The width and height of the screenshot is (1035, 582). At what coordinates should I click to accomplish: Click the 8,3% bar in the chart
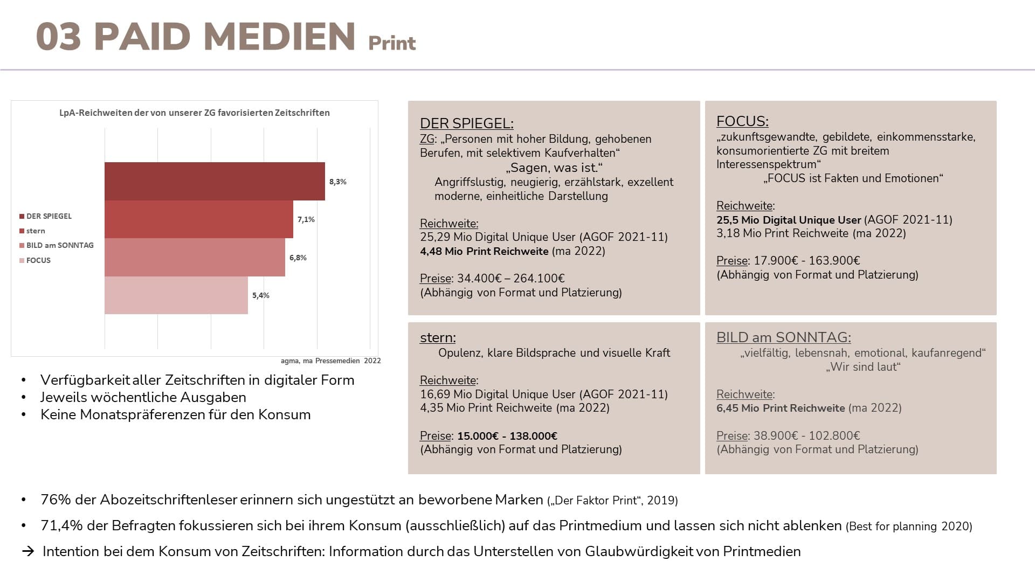pyautogui.click(x=215, y=181)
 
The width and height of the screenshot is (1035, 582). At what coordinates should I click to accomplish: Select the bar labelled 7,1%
pyautogui.click(x=199, y=219)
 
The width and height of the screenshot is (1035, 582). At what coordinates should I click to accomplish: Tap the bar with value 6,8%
pyautogui.click(x=195, y=257)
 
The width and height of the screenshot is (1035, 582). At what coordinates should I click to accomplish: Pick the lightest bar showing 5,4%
pyautogui.click(x=176, y=295)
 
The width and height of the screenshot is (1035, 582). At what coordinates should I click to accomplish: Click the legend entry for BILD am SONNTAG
pyautogui.click(x=57, y=245)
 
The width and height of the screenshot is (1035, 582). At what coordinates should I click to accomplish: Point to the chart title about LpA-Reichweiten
pyautogui.click(x=195, y=113)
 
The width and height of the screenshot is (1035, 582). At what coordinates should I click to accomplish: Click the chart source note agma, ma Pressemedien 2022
pyautogui.click(x=330, y=361)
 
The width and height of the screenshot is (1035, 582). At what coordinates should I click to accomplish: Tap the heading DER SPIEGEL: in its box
pyautogui.click(x=467, y=123)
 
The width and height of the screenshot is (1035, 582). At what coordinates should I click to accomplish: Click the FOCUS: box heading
pyautogui.click(x=742, y=121)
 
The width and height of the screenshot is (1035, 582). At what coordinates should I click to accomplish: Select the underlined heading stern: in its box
pyautogui.click(x=438, y=337)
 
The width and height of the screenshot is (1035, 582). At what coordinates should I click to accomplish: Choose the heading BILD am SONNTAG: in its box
pyautogui.click(x=784, y=337)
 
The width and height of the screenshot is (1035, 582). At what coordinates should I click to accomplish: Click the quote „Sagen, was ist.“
pyautogui.click(x=554, y=168)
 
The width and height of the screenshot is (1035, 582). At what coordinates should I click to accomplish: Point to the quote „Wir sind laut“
pyautogui.click(x=863, y=367)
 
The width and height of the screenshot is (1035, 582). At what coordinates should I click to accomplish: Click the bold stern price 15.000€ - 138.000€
pyautogui.click(x=507, y=436)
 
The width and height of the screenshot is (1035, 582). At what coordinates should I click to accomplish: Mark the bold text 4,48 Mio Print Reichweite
pyautogui.click(x=484, y=251)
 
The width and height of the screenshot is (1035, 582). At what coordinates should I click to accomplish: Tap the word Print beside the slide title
pyautogui.click(x=392, y=43)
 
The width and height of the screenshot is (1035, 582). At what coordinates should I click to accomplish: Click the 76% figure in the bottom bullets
pyautogui.click(x=56, y=500)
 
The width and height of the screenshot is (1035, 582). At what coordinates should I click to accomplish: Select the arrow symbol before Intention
pyautogui.click(x=28, y=551)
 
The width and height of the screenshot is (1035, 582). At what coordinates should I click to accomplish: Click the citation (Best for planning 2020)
pyautogui.click(x=909, y=526)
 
